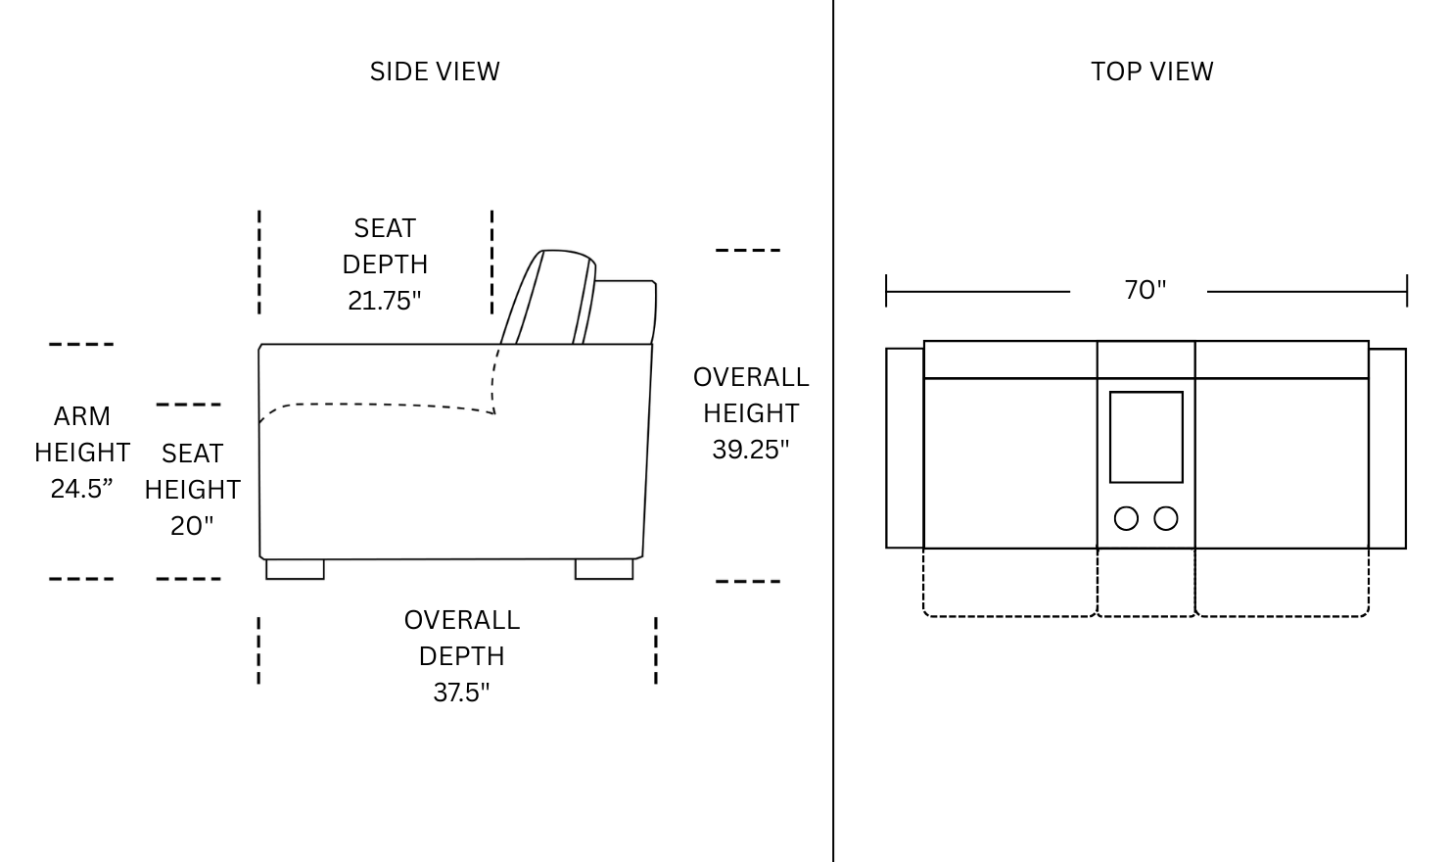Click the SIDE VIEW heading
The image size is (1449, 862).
tap(435, 72)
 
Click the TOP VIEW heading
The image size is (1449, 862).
tap(1152, 72)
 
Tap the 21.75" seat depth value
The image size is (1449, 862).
tap(384, 301)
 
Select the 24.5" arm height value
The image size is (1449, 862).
tap(81, 489)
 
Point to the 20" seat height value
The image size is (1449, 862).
tap(192, 525)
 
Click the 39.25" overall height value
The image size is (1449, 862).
tap(751, 449)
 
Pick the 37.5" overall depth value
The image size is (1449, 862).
tap(461, 693)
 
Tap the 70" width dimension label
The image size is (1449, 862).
tap(1145, 290)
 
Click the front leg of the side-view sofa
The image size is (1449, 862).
tap(295, 569)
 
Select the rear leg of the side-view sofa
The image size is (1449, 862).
tap(604, 569)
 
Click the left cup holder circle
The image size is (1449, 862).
tap(1126, 518)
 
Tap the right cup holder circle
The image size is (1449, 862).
tap(1166, 518)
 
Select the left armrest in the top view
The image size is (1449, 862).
tap(905, 448)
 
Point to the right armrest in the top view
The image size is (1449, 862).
tap(1387, 449)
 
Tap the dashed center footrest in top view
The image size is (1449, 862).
tap(1145, 615)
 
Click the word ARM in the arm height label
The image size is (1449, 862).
tap(81, 416)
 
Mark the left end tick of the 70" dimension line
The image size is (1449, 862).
tap(886, 291)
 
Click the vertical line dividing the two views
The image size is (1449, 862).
tap(833, 431)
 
